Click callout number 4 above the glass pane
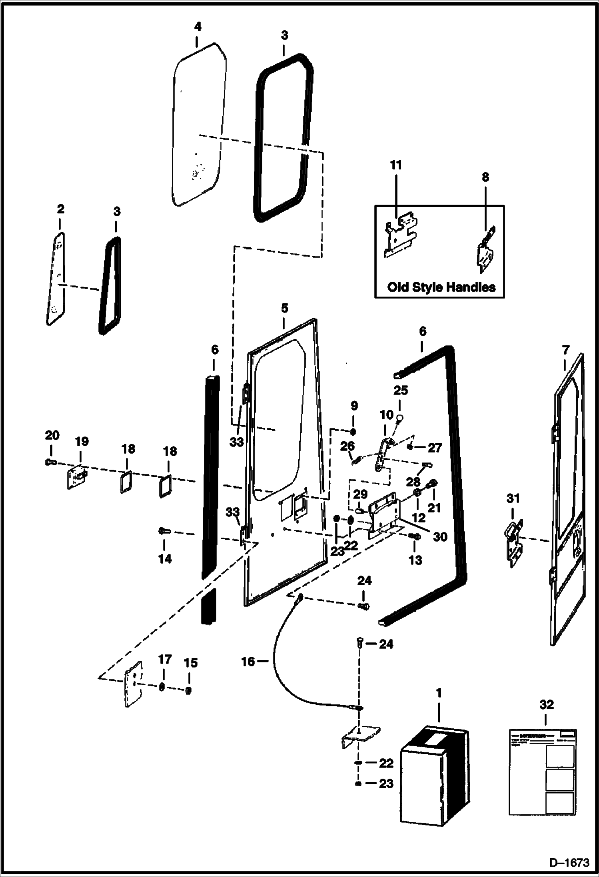click(x=198, y=27)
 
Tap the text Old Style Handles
click(x=441, y=287)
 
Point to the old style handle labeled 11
click(x=400, y=236)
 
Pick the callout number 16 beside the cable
click(x=248, y=662)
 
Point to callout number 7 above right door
click(x=565, y=351)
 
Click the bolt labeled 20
click(x=49, y=462)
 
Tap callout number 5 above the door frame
click(x=284, y=308)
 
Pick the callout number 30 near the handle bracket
click(x=440, y=536)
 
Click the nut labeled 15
click(x=189, y=690)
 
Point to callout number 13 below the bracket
click(x=415, y=560)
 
